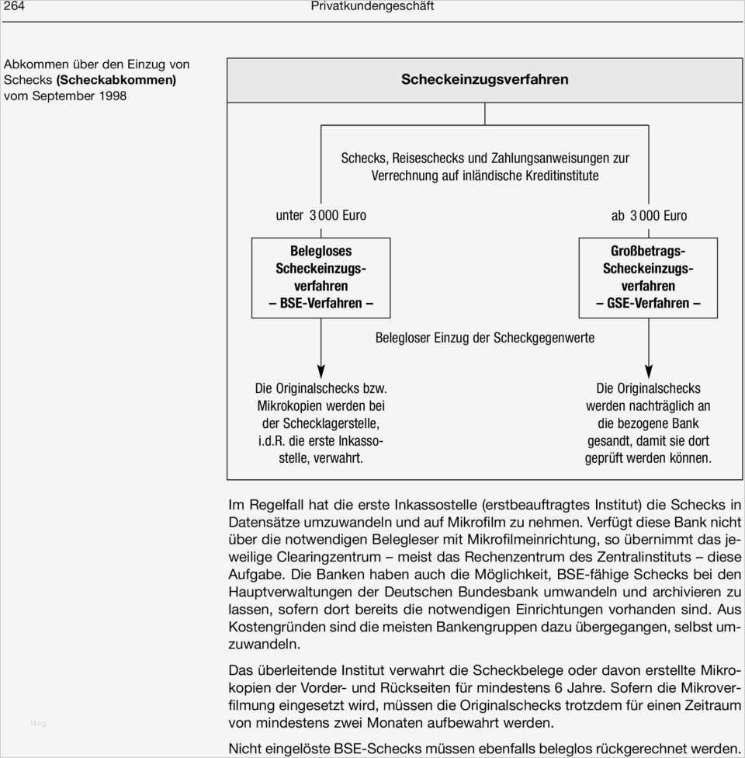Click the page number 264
pos(14,6)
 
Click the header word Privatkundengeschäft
pos(372,6)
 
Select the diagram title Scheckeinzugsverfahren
pos(484,79)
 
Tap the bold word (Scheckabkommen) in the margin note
pos(116,80)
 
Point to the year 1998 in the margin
pos(111,96)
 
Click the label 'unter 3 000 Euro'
pos(321,215)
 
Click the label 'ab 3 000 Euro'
pos(649,215)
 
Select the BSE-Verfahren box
pos(321,277)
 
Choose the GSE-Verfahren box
pos(648,277)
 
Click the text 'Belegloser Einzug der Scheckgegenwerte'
pos(484,338)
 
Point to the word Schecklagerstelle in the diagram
pos(331,423)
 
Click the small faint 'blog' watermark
pos(38,723)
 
